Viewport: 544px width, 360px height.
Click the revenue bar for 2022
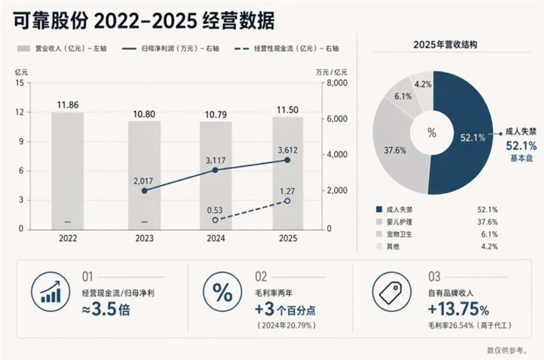pyautogui.click(x=67, y=171)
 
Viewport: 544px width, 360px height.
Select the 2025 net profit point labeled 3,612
pyautogui.click(x=287, y=160)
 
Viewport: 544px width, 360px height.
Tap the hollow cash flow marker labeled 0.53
pyautogui.click(x=215, y=220)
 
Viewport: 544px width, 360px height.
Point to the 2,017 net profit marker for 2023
pyautogui.click(x=145, y=191)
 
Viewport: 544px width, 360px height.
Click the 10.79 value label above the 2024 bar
pyautogui.click(x=216, y=114)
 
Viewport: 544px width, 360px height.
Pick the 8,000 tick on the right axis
pyautogui.click(x=337, y=83)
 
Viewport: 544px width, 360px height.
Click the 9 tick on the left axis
pyautogui.click(x=21, y=142)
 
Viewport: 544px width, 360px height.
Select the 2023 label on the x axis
pyautogui.click(x=144, y=238)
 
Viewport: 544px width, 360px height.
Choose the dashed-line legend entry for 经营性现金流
pyautogui.click(x=286, y=48)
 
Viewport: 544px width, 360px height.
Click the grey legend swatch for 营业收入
pyautogui.click(x=24, y=48)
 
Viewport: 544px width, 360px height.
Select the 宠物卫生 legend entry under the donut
pyautogui.click(x=399, y=234)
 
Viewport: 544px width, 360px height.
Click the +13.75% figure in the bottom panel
pyautogui.click(x=458, y=310)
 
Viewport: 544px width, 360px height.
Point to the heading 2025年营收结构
pyautogui.click(x=445, y=45)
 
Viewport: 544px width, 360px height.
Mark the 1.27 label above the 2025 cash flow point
pyautogui.click(x=287, y=191)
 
